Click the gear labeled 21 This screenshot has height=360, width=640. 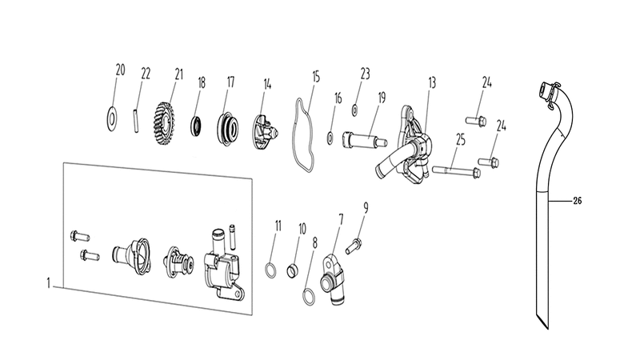pyautogui.click(x=166, y=123)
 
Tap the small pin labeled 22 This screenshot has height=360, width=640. pyautogui.click(x=135, y=119)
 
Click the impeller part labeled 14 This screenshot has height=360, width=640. pyautogui.click(x=266, y=131)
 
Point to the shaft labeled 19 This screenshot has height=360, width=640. pyautogui.click(x=364, y=140)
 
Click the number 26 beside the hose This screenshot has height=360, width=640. pyautogui.click(x=577, y=201)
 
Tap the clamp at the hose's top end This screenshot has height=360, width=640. pyautogui.click(x=548, y=92)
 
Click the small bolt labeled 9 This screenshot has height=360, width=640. pyautogui.click(x=354, y=246)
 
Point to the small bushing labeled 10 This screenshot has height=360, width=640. pyautogui.click(x=294, y=271)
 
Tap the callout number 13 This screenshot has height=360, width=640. pyautogui.click(x=432, y=83)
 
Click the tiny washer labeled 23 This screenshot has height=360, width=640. pyautogui.click(x=355, y=110)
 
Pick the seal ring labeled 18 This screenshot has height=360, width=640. pyautogui.click(x=196, y=126)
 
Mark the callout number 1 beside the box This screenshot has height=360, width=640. pyautogui.click(x=49, y=283)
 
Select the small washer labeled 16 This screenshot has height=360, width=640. pyautogui.click(x=330, y=138)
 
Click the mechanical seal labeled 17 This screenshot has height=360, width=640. pyautogui.click(x=228, y=127)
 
